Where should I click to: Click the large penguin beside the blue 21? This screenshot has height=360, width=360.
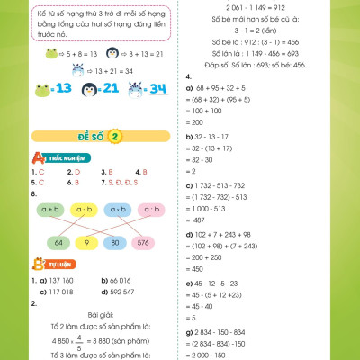tap(86, 88)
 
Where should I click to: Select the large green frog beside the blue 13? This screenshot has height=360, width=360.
tap(41, 88)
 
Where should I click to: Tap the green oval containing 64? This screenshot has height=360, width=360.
tap(58, 242)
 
